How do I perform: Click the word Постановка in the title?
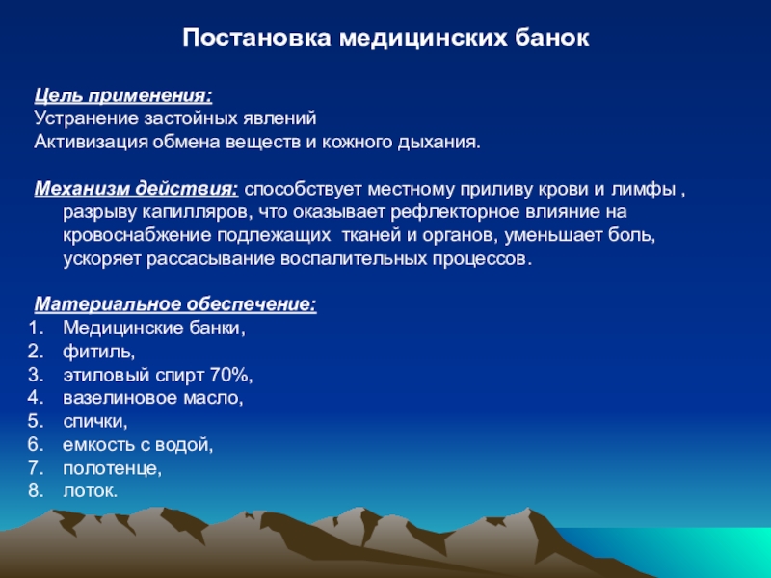point(256,38)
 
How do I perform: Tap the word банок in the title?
point(551,38)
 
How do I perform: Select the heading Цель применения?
point(123,95)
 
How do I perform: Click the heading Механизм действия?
point(137,189)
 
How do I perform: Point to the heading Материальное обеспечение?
point(175,304)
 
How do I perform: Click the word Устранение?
point(87,118)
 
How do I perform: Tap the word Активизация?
point(91,143)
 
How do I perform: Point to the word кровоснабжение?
point(137,236)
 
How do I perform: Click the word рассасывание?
point(210,259)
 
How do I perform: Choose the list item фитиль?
point(99,352)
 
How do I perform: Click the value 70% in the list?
point(230,375)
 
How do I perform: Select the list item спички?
point(94,422)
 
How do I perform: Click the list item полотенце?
point(112,468)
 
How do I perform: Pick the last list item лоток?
point(91,491)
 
